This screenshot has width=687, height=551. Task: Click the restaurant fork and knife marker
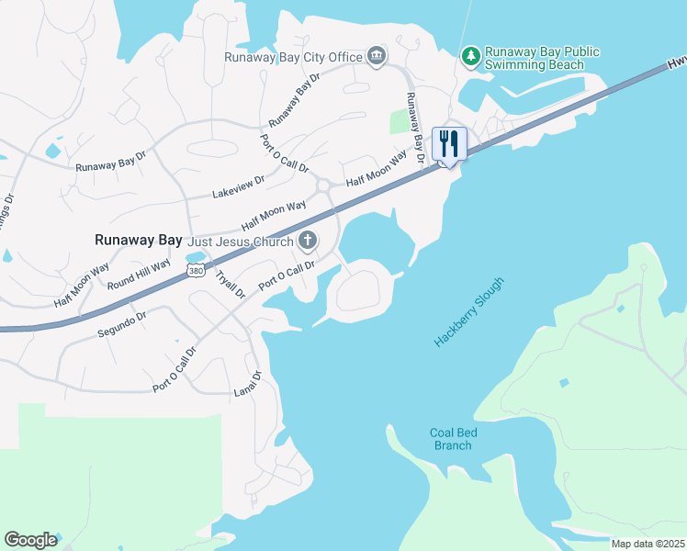(x=449, y=143)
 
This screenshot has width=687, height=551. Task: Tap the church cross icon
(x=308, y=242)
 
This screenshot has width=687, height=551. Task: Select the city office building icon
(x=376, y=57)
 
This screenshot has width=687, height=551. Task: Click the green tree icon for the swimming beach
(x=471, y=57)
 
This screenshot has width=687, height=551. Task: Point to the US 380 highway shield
(x=195, y=271)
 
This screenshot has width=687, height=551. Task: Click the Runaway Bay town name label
(x=138, y=240)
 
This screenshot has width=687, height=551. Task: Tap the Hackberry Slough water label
(x=469, y=312)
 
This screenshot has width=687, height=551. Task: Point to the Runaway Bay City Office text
(x=294, y=57)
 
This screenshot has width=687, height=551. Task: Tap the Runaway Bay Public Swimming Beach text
(x=542, y=59)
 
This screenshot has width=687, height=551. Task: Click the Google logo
(x=30, y=540)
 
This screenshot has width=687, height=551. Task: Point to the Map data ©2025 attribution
(x=648, y=543)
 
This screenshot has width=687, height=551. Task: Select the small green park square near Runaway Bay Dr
(x=400, y=122)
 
